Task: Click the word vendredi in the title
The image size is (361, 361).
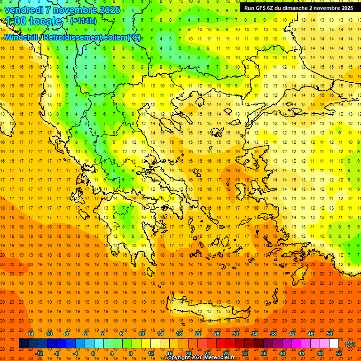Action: (24, 10)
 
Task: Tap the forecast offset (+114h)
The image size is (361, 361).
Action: (84, 21)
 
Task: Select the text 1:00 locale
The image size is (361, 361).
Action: (33, 21)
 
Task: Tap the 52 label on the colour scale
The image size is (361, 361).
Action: (339, 353)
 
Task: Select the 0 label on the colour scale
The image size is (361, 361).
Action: (93, 353)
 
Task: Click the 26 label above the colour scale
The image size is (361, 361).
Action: (217, 334)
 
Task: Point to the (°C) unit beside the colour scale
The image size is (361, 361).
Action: (350, 344)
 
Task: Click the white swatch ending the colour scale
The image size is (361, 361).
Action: (334, 344)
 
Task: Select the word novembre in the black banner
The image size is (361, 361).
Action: (327, 8)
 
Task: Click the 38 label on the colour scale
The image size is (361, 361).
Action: (273, 334)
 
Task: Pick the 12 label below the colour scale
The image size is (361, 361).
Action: (151, 353)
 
